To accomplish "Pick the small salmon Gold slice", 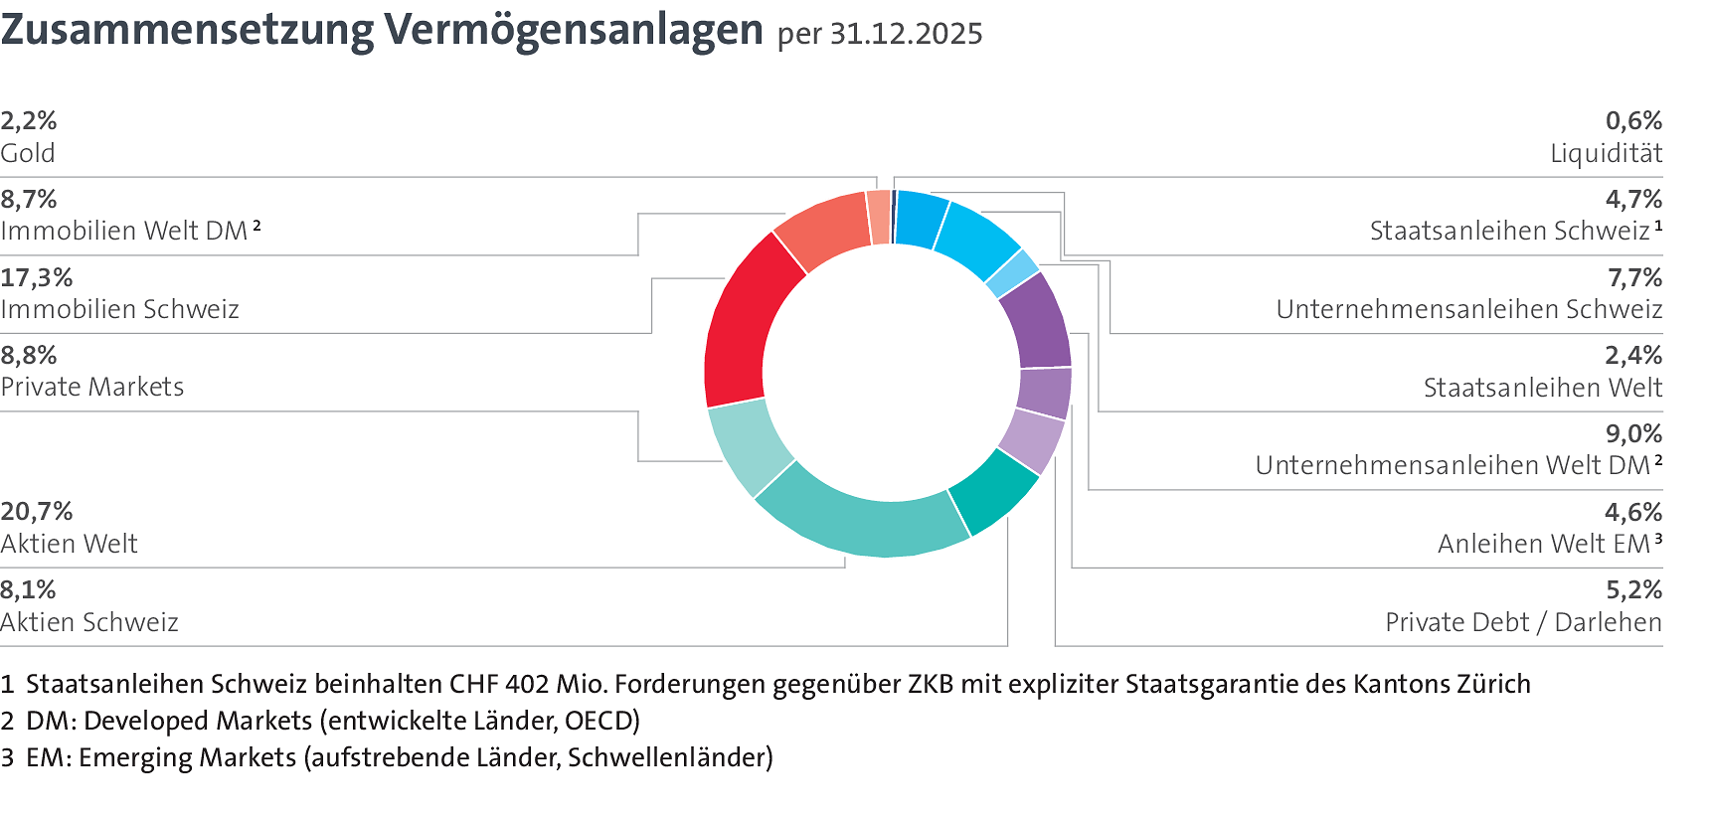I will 878,217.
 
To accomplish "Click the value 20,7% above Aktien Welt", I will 37,512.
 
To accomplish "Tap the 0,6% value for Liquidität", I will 1633,121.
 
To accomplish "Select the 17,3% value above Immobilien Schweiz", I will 37,277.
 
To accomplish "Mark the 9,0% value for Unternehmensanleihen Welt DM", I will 1633,434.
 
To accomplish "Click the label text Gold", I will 28,154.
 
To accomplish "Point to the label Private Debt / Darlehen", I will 1523,623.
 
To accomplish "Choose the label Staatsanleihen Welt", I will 1542,388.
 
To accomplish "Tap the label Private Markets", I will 92,388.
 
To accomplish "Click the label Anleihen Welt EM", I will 1544,545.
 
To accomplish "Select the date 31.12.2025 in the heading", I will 906,35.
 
